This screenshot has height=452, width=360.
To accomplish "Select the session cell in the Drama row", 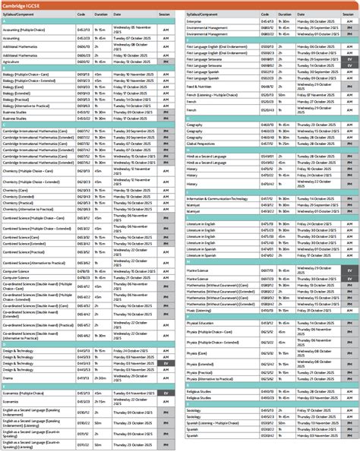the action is click(x=166, y=356).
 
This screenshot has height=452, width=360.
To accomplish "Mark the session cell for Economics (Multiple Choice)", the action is click(x=166, y=393).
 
